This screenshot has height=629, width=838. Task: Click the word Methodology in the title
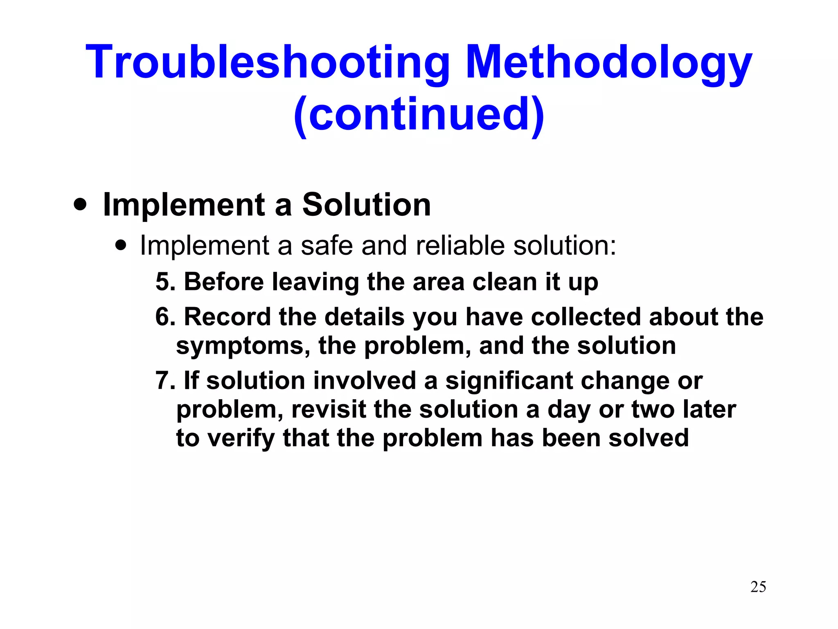608,62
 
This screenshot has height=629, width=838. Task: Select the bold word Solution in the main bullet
366,204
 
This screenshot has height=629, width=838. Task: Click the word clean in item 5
504,282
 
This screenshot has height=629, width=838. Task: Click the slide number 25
758,587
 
